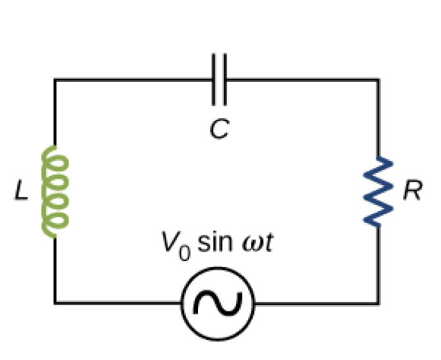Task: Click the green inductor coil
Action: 55,191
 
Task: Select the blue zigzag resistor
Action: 378,192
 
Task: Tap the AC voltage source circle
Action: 218,302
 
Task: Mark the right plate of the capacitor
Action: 224,79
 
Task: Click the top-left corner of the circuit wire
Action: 55,80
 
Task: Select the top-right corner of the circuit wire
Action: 378,80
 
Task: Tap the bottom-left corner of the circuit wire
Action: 55,302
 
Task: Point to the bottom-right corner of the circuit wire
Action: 378,302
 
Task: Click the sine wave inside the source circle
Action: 218,302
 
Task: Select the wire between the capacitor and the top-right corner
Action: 301,80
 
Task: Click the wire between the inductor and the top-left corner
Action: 55,112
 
